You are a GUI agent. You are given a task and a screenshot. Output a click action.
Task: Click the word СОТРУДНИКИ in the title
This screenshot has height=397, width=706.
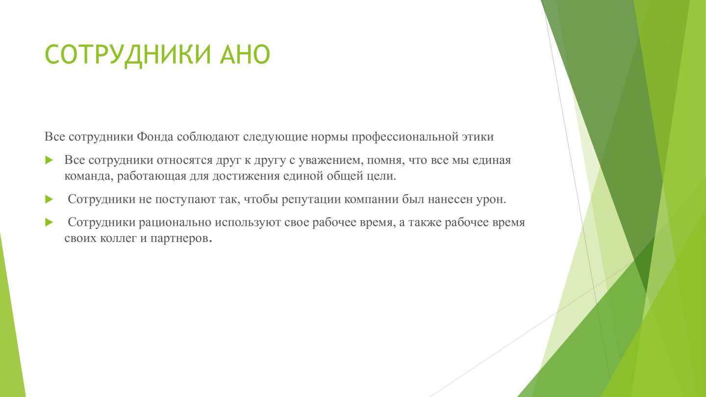(x=127, y=55)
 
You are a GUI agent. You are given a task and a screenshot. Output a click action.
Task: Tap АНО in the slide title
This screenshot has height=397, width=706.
(x=245, y=54)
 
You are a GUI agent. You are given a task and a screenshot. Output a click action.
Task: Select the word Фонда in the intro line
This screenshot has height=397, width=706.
(x=155, y=136)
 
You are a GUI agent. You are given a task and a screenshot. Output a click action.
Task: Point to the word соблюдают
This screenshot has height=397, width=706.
(x=208, y=136)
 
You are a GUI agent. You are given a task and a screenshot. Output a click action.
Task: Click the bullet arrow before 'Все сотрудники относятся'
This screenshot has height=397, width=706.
(x=49, y=160)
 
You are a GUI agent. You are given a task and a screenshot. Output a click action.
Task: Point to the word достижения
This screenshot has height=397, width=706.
(x=246, y=176)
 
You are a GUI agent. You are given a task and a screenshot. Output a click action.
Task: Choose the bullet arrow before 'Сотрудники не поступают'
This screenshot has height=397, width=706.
(x=49, y=199)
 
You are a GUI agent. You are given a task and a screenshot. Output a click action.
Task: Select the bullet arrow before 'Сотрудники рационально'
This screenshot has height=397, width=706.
(x=49, y=222)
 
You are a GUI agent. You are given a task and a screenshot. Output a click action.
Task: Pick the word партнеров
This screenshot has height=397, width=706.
(x=180, y=238)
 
